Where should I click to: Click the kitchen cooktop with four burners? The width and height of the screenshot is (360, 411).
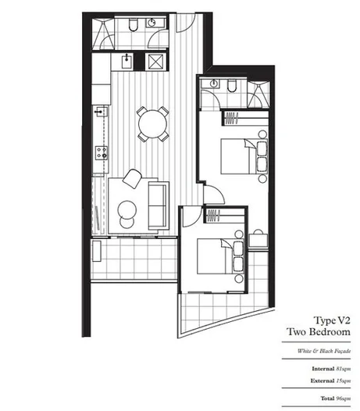tap(101, 149)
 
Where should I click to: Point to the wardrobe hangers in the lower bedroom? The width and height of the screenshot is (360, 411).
tap(212, 213)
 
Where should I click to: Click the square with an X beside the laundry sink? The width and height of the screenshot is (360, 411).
tap(156, 59)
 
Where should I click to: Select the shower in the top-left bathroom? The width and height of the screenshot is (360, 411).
tap(102, 30)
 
